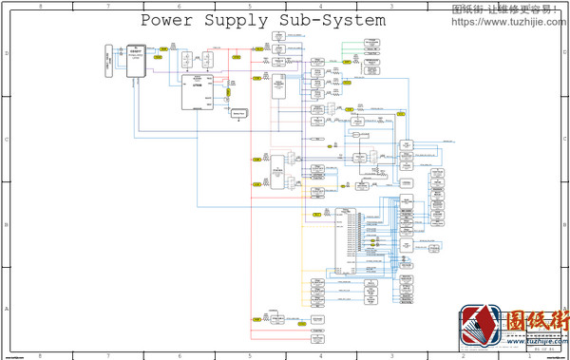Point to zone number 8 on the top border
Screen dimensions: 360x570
(39, 6)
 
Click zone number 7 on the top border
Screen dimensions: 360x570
(108, 6)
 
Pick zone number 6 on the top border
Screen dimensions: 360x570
(179, 6)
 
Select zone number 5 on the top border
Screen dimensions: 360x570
(250, 6)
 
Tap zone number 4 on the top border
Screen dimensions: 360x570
(320, 6)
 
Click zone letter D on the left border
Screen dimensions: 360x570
(8, 54)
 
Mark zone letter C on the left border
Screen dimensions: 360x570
(8, 140)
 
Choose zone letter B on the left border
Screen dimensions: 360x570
(8, 225)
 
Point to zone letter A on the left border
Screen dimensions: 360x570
(8, 310)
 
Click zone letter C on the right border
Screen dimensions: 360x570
(564, 140)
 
